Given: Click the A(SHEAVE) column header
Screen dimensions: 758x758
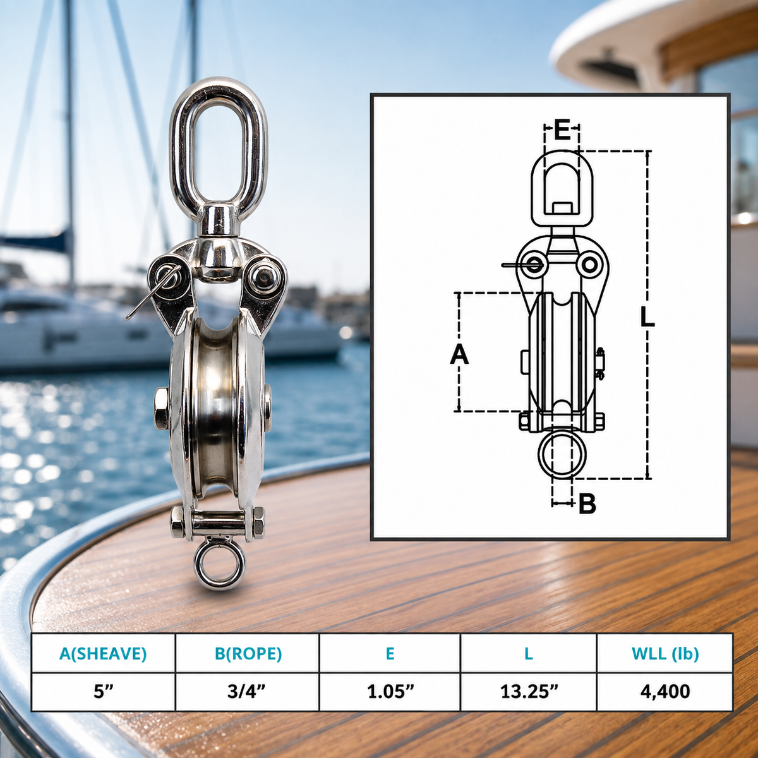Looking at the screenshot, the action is pos(103,653).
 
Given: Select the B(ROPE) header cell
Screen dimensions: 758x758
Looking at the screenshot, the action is pos(248,653).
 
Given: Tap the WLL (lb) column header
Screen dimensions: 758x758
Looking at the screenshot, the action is pos(665,653).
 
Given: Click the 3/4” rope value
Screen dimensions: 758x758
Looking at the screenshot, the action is pos(247,691).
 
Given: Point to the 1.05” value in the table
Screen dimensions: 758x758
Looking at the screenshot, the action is pos(390,691).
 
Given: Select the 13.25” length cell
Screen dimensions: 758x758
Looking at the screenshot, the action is pos(529,691).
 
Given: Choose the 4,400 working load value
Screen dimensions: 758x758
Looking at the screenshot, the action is pos(665,692).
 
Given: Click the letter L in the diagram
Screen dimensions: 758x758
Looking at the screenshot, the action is pos(647,317).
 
